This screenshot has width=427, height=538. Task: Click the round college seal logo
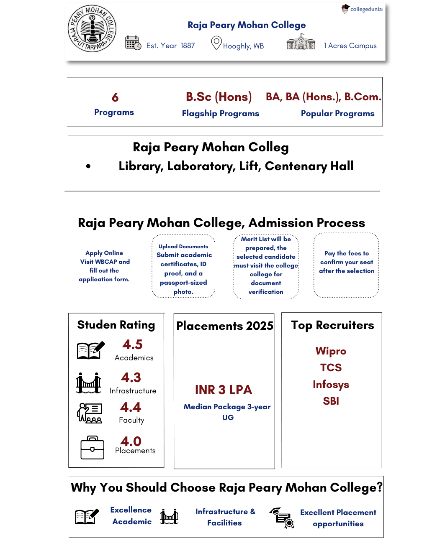92,28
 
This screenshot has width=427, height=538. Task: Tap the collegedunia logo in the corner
362,9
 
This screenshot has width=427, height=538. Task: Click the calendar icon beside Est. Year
133,43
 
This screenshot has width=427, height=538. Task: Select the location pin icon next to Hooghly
216,43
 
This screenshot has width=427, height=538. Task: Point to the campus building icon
301,42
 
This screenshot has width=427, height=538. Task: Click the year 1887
188,46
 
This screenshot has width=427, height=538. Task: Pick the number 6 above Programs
115,97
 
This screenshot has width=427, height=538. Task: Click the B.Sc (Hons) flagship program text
219,97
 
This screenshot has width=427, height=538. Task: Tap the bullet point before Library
88,166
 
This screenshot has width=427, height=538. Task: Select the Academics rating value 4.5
132,344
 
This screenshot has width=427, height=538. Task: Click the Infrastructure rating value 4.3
131,377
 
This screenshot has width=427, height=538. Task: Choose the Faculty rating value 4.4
131,407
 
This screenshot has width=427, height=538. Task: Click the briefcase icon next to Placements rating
93,447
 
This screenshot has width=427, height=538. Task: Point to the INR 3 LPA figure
224,390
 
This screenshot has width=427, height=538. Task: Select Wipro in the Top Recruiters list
331,351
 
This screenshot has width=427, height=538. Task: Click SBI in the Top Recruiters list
331,401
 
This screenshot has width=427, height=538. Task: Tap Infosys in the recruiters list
331,385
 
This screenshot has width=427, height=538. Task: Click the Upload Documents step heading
183,247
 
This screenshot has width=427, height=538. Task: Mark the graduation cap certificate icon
282,518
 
